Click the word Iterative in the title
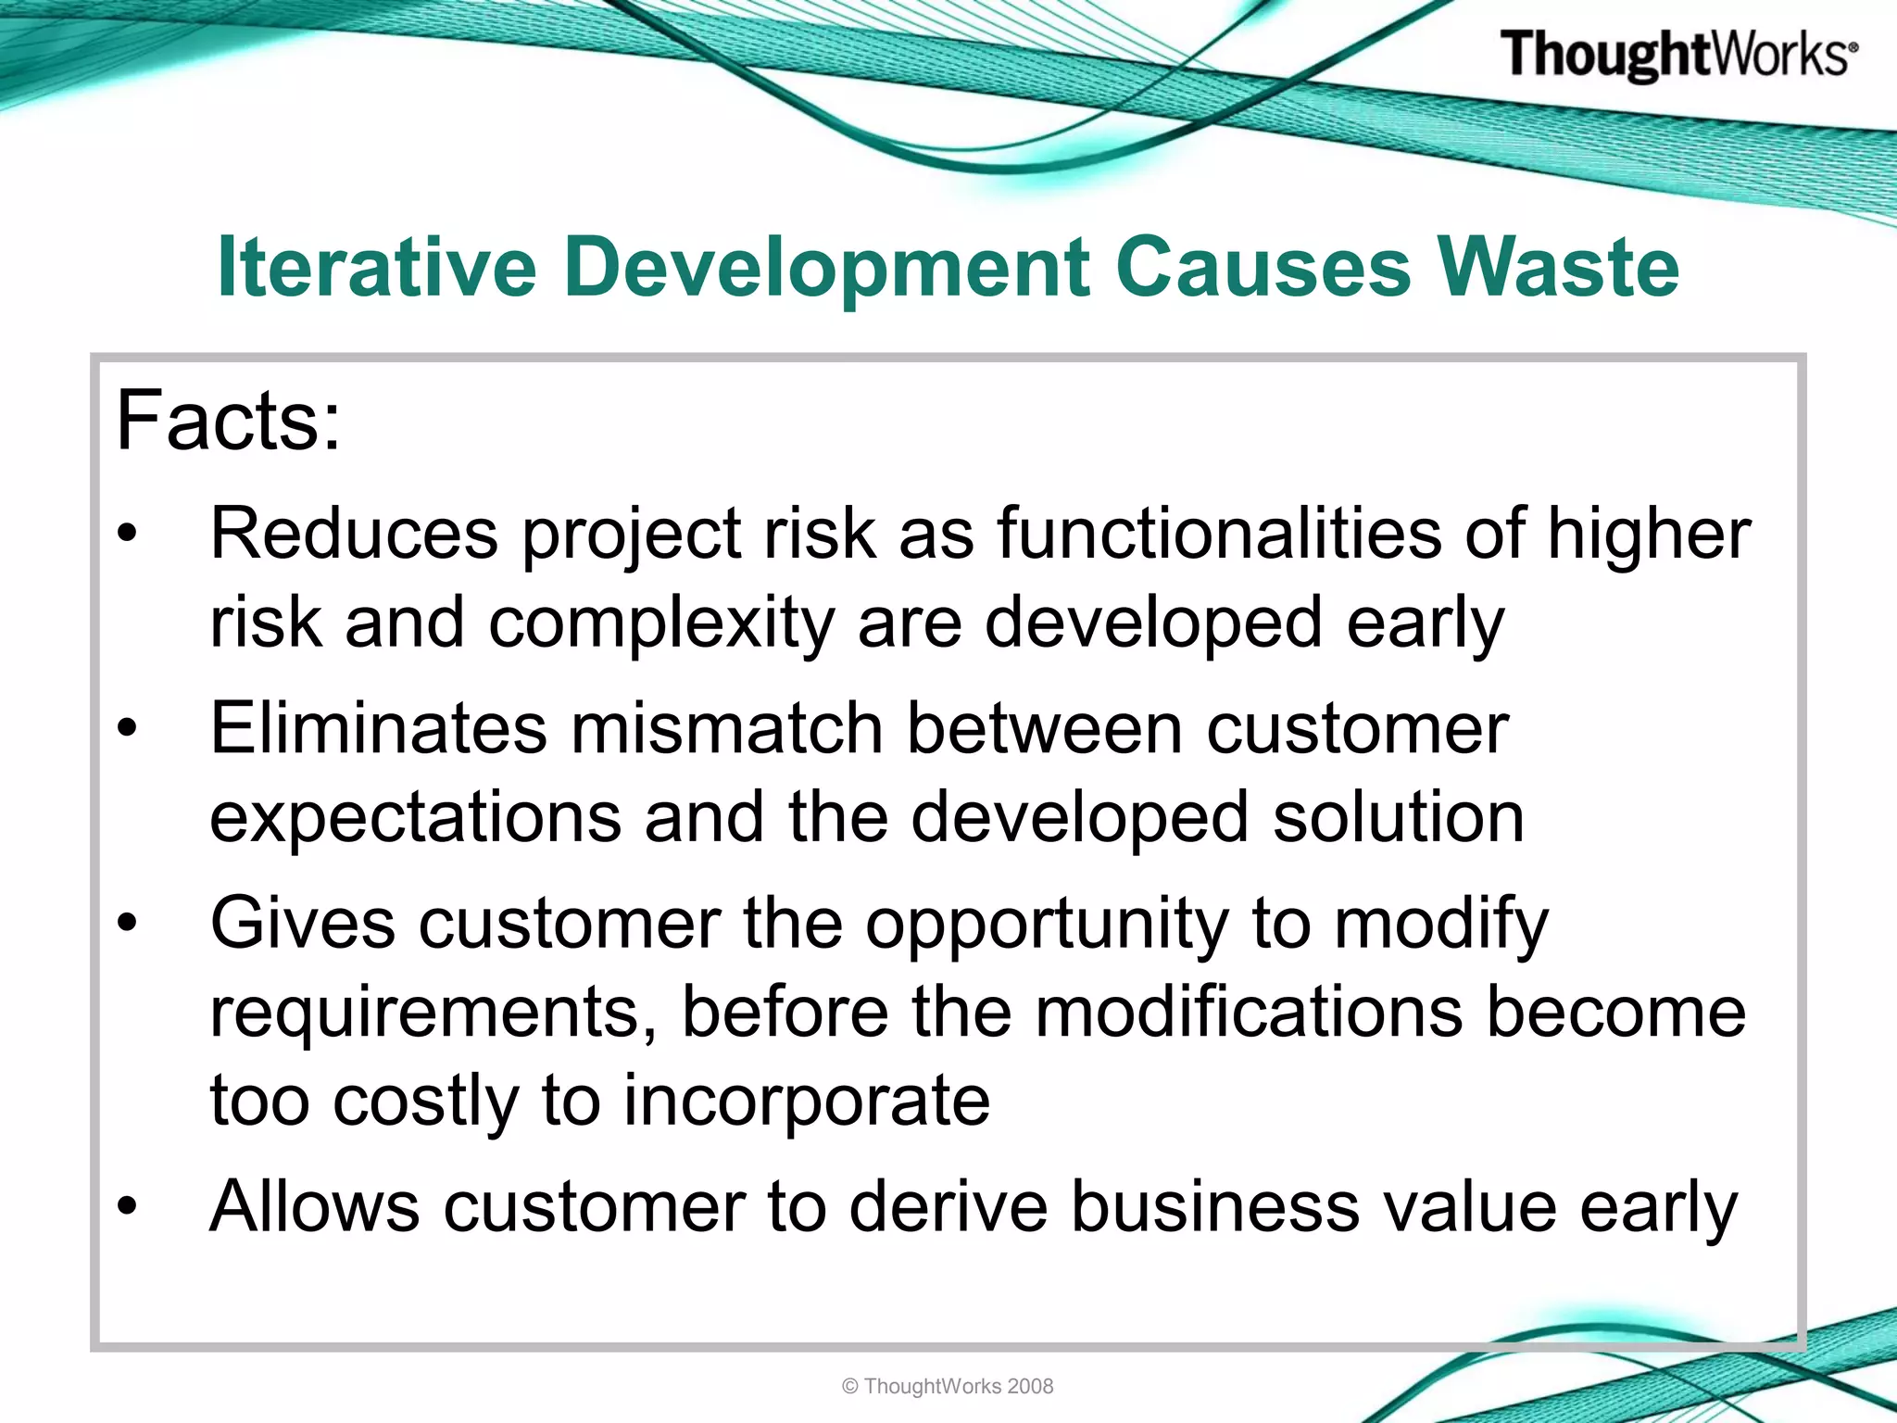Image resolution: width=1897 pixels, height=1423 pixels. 376,267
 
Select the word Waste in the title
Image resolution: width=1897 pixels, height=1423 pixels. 1557,267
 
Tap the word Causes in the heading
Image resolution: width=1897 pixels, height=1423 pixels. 1263,267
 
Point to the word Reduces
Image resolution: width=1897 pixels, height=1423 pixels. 354,534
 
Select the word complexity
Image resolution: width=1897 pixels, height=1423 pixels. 661,623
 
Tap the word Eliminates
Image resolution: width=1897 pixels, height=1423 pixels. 378,728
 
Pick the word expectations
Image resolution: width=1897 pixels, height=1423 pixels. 415,817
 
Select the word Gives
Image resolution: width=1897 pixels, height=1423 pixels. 302,923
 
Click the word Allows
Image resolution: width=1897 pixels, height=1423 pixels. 315,1206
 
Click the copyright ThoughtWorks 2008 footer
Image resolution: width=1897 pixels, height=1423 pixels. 948,1386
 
